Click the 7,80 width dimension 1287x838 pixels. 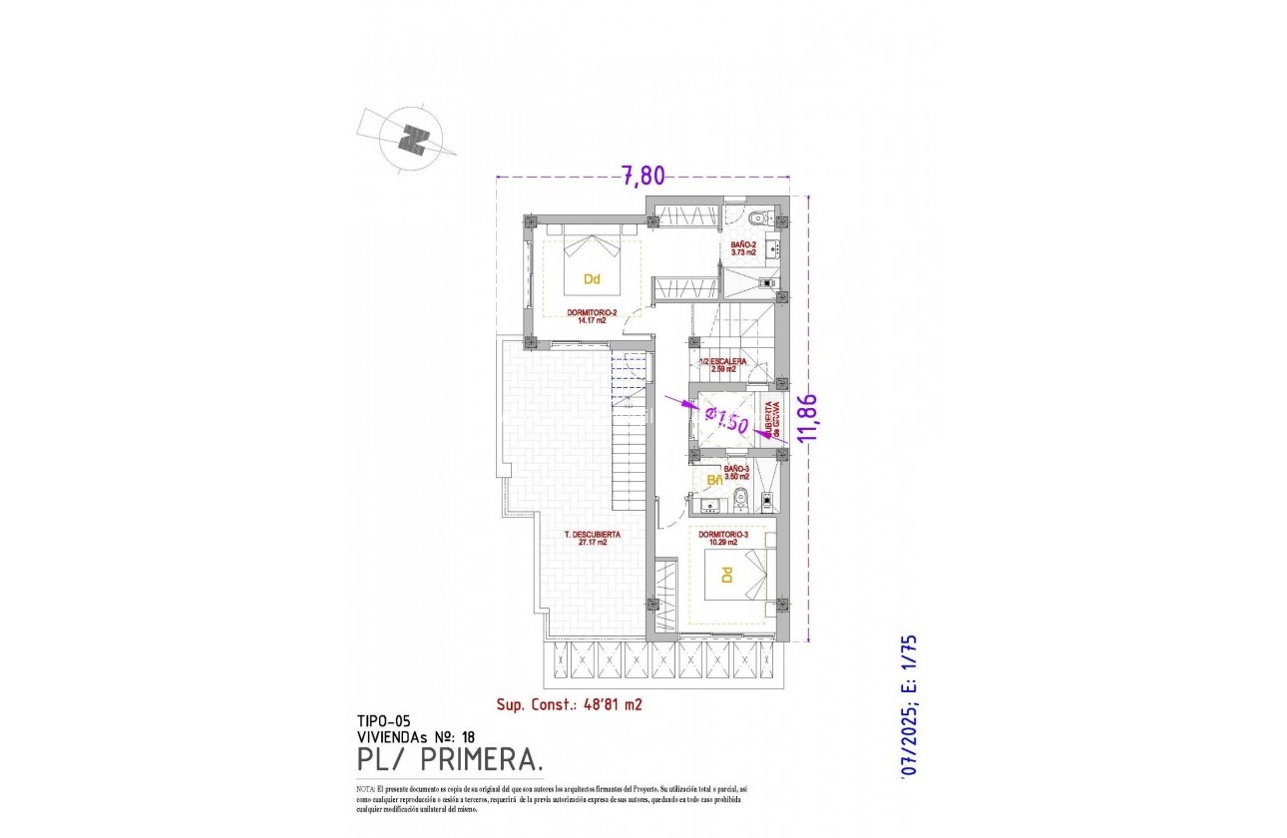click(x=643, y=177)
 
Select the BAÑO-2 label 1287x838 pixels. click(x=743, y=248)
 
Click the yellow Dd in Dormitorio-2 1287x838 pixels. click(x=592, y=279)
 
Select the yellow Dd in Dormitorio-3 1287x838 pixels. click(x=727, y=576)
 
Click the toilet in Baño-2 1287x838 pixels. click(x=757, y=215)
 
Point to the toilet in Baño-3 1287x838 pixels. click(x=740, y=499)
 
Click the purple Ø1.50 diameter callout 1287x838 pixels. click(x=725, y=419)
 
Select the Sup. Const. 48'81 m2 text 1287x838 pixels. click(x=569, y=704)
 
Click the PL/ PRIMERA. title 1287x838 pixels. click(x=450, y=760)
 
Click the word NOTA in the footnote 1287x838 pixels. click(x=365, y=789)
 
